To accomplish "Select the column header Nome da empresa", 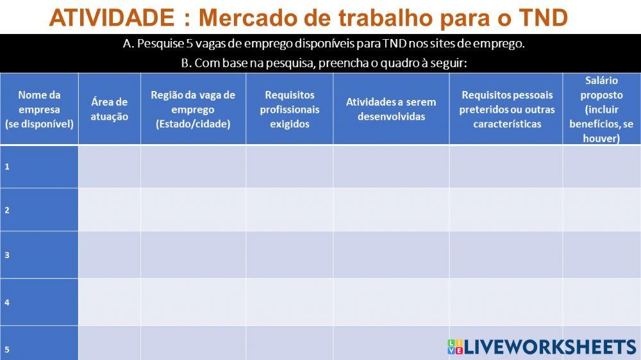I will coord(39,109).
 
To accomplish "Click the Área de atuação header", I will coord(109,109).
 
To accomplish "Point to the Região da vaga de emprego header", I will coord(193,109).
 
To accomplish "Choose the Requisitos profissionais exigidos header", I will coord(289,109).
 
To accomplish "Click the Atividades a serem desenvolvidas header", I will coord(391,109).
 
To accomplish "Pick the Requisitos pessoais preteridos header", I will coord(506,109).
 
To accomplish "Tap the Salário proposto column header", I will coord(601,109).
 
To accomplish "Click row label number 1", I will coord(7,167).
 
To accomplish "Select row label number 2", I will coord(7,209).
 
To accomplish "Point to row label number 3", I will coord(7,255).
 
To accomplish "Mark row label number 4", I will coord(7,302).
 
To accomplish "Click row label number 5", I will coord(7,349).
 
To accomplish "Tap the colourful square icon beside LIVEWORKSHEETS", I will coord(454,347).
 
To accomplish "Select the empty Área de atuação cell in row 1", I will coord(109,167).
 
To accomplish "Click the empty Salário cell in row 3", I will coord(601,255).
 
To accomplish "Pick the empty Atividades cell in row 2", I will coord(391,209).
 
